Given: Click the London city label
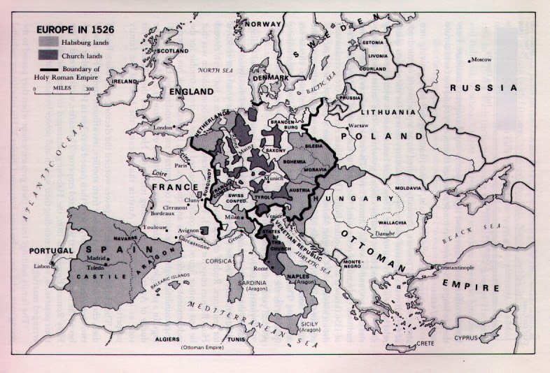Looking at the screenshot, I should click(x=162, y=128).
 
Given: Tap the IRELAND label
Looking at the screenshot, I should click(x=125, y=82).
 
